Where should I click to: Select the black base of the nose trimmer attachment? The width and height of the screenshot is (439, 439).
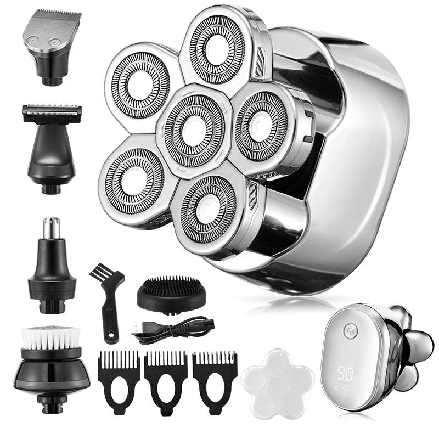52,280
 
